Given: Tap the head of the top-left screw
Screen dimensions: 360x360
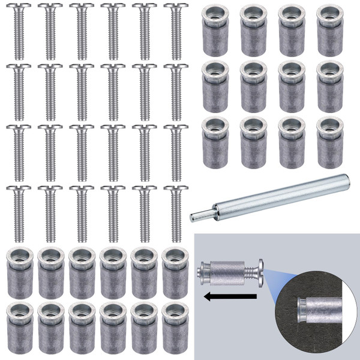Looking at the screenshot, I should (x=19, y=8).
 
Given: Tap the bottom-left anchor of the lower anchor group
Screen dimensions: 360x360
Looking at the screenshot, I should (x=19, y=326).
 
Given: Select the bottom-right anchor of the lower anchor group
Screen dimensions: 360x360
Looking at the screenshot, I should (x=175, y=326).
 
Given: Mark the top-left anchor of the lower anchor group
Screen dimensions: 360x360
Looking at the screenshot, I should (x=19, y=270).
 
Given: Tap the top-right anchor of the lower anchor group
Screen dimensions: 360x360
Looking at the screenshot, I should (x=175, y=270).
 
